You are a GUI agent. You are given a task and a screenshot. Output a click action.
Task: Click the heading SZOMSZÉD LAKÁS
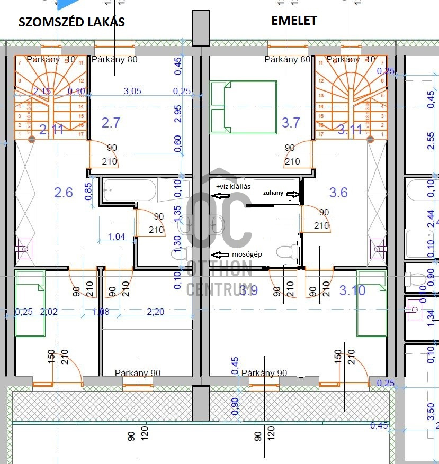71,22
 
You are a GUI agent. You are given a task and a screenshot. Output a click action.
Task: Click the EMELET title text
294,21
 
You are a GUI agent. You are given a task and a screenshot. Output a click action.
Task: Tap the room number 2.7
111,123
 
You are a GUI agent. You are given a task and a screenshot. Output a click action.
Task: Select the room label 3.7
291,123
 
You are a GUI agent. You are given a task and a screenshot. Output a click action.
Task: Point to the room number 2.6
64,192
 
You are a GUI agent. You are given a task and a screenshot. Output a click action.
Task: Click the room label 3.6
338,192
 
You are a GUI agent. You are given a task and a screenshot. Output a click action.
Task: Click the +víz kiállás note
233,186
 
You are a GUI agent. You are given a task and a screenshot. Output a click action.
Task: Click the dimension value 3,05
132,91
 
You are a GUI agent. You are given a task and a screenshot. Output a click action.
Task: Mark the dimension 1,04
117,236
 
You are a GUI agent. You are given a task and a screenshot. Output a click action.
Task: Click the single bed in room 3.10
371,303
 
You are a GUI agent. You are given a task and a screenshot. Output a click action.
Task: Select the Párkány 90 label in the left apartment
137,373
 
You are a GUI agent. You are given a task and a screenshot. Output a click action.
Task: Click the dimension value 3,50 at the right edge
430,409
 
